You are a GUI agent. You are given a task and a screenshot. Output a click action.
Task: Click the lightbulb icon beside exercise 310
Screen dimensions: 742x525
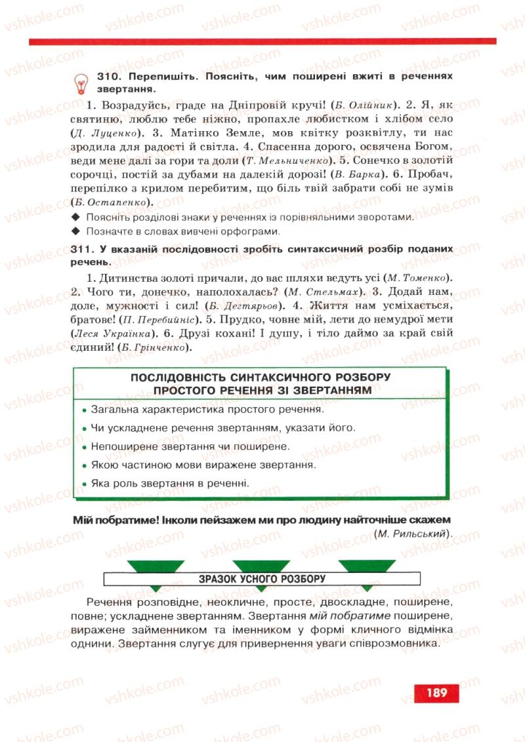pyautogui.click(x=81, y=83)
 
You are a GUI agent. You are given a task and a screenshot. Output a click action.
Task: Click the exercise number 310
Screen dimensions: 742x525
pyautogui.click(x=107, y=77)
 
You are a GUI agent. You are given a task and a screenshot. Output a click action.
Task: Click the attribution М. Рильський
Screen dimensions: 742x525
pyautogui.click(x=413, y=535)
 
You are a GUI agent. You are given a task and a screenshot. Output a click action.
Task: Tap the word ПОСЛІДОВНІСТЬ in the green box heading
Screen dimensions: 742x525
pyautogui.click(x=177, y=378)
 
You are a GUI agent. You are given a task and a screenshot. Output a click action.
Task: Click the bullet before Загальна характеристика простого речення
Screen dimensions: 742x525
pyautogui.click(x=85, y=411)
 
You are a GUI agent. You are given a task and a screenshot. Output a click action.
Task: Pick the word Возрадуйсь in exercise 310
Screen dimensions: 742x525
pyautogui.click(x=131, y=105)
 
